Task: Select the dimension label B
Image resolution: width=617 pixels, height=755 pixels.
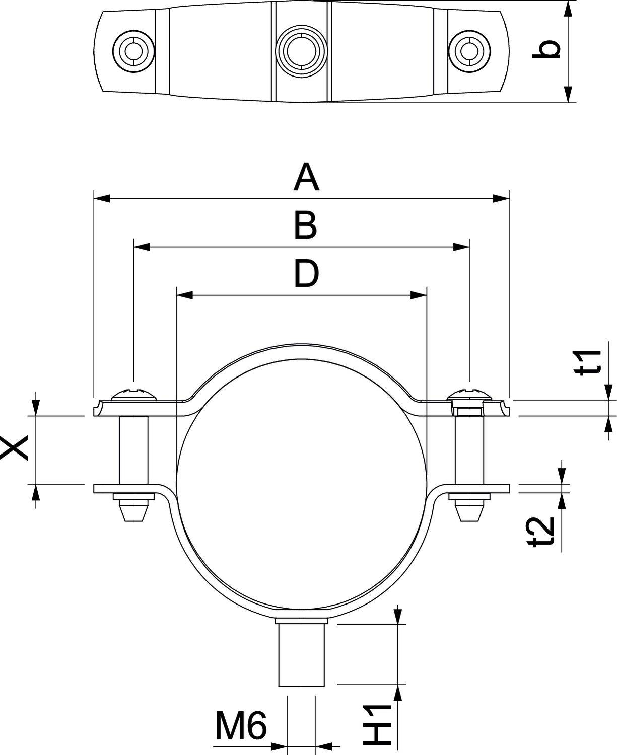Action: (306, 225)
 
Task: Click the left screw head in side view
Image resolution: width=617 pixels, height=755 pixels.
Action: (133, 395)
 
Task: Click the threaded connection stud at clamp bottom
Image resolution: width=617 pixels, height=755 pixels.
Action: (302, 654)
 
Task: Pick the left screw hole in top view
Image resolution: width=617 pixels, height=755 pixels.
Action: (133, 51)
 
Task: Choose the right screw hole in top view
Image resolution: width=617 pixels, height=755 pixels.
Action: (469, 51)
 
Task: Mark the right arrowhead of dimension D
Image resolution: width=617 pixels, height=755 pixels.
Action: (419, 295)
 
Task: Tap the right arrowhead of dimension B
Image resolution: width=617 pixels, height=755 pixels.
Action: (461, 247)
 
